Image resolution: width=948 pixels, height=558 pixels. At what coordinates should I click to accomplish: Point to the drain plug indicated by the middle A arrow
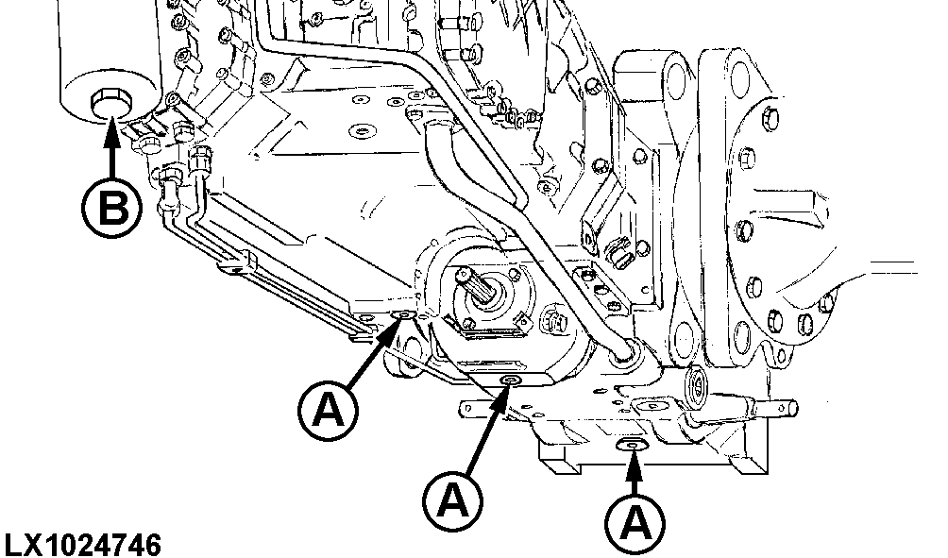click(511, 380)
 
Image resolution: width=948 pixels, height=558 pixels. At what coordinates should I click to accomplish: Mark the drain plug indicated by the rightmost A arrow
click(631, 444)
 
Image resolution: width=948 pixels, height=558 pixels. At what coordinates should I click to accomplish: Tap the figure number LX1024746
click(82, 546)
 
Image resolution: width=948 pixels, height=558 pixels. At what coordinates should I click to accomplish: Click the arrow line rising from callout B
click(111, 151)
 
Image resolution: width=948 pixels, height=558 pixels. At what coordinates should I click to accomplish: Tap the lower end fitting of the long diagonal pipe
click(625, 354)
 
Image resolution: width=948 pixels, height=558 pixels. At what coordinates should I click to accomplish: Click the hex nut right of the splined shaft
click(555, 321)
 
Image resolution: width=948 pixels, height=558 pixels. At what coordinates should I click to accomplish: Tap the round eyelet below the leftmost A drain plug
click(403, 362)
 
